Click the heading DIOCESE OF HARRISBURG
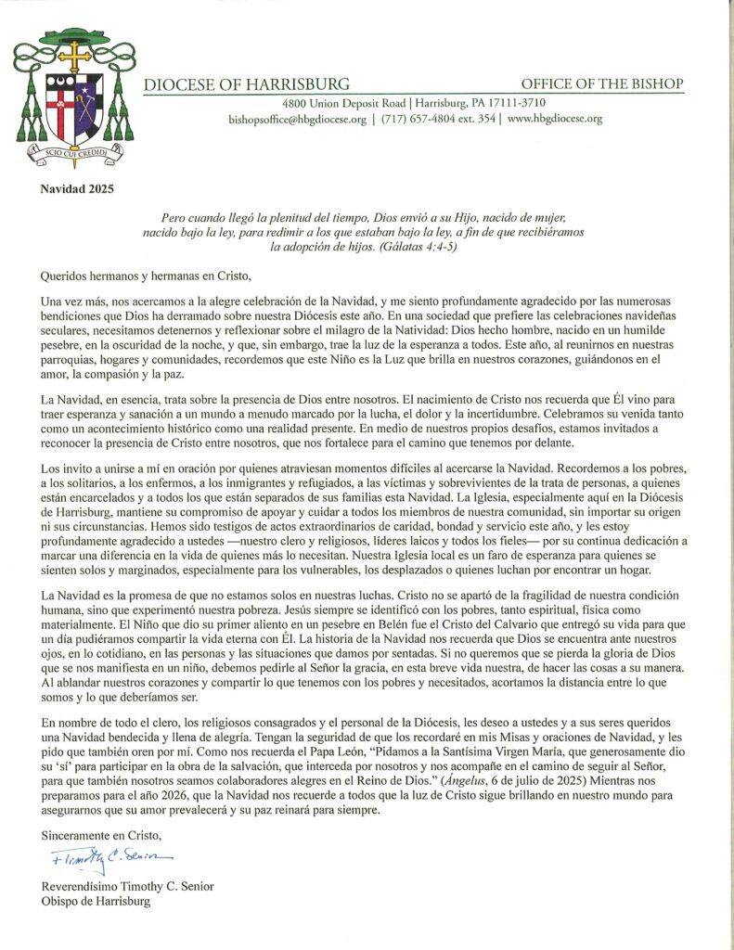[x=246, y=84]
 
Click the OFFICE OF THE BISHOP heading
[x=602, y=84]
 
